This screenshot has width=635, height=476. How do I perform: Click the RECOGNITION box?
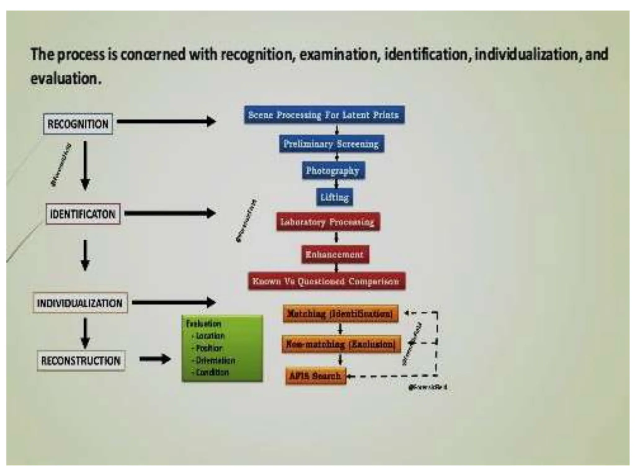[x=78, y=124]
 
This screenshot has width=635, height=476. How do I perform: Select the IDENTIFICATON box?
[x=83, y=214]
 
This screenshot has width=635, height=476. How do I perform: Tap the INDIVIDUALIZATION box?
[x=80, y=303]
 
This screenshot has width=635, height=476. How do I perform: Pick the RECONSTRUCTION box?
[x=81, y=361]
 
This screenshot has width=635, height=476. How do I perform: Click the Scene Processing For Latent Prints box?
[x=324, y=115]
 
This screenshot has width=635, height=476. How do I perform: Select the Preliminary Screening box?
[x=331, y=144]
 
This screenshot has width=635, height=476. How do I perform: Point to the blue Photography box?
[x=333, y=170]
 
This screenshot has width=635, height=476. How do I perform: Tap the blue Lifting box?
[x=335, y=197]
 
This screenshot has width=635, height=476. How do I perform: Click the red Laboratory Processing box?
[x=328, y=222]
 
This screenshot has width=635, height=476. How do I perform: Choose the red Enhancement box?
[x=335, y=254]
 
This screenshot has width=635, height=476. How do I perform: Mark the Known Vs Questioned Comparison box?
[x=326, y=281]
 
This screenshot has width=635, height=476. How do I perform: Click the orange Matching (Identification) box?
[x=340, y=314]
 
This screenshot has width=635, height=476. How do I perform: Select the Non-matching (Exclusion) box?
[x=341, y=344]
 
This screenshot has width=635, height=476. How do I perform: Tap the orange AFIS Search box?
[x=315, y=376]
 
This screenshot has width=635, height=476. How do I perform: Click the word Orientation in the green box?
[x=215, y=360]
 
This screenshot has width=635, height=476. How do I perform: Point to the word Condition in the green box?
[x=212, y=372]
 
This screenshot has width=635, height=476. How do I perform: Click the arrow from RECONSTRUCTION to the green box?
[x=155, y=359]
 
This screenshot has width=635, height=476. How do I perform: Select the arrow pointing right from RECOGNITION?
[x=166, y=121]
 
